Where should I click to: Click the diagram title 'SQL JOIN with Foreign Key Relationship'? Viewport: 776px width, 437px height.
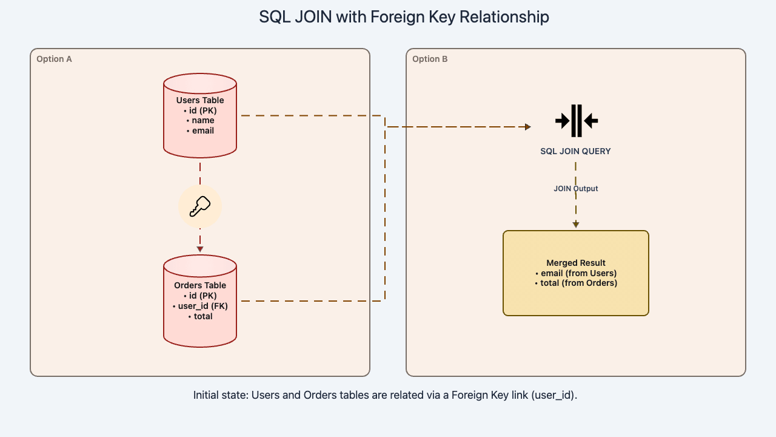pos(404,17)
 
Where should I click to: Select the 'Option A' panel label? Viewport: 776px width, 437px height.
pos(54,59)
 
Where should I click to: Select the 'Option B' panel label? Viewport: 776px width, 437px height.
pos(430,59)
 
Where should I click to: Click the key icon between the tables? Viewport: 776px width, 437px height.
pos(200,207)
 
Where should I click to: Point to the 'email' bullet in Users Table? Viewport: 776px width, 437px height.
pos(200,130)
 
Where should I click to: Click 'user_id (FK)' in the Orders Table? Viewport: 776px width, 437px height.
pos(200,306)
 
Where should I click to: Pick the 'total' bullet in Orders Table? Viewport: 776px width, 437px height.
pos(200,316)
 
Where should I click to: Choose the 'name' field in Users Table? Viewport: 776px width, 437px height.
pos(200,120)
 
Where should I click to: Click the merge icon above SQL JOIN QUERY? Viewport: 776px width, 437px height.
pos(576,121)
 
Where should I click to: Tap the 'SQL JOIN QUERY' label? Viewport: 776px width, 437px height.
pos(576,151)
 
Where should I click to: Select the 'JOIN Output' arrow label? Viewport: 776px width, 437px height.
pos(576,189)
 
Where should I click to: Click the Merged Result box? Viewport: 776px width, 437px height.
pos(576,297)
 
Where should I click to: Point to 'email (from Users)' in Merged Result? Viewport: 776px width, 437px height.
pos(576,273)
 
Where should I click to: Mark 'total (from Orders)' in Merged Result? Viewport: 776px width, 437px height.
pos(576,283)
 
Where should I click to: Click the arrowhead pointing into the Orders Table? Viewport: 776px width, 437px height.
pos(200,249)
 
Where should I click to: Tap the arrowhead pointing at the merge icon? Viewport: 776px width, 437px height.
pos(527,127)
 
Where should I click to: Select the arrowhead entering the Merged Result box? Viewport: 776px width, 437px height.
pos(576,225)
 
